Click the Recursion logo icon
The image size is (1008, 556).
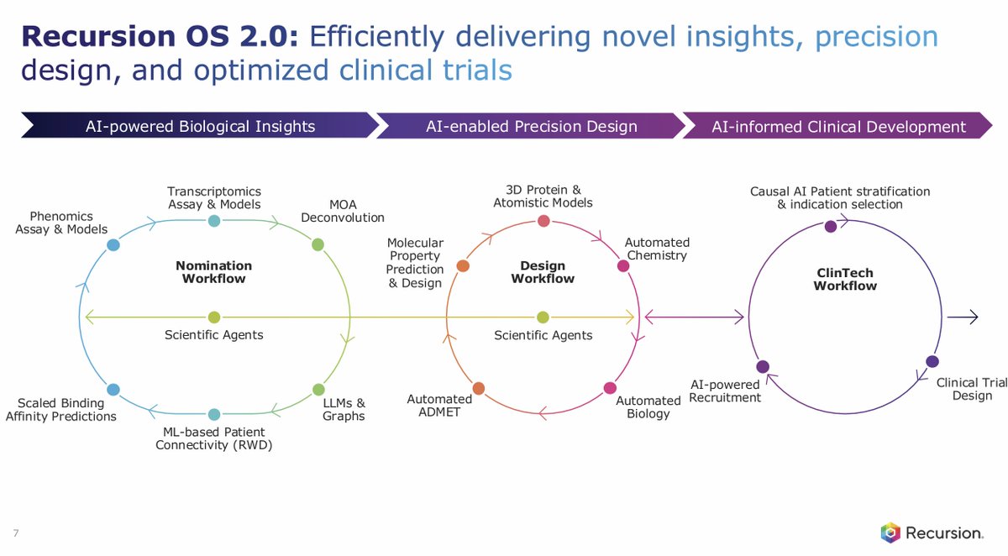890,532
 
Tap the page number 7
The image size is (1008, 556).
16,532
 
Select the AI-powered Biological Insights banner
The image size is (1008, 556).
200,127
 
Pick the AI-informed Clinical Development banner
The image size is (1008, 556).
838,127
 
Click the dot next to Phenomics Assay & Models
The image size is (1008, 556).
113,245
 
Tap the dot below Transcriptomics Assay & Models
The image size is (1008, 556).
214,221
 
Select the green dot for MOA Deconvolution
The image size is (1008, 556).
318,245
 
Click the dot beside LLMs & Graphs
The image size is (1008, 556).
318,390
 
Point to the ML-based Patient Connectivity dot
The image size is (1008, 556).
214,414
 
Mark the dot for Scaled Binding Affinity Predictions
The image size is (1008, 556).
113,390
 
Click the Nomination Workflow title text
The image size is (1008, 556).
213,271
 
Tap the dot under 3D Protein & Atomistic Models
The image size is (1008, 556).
543,221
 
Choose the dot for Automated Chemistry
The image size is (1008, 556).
623,265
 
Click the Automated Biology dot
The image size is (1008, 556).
610,388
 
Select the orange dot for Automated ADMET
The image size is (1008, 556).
478,388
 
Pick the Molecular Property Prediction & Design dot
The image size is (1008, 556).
462,265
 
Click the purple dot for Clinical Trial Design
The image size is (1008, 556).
932,361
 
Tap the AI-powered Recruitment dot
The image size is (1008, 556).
763,367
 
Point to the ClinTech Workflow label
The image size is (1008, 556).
846,279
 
